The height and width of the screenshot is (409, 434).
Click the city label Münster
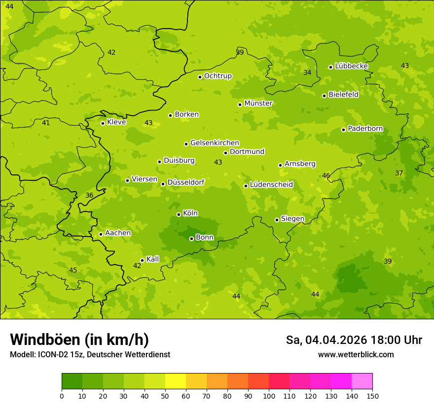pyautogui.click(x=258, y=103)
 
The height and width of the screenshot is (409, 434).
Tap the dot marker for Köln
pyautogui.click(x=179, y=214)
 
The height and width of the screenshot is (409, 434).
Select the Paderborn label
pyautogui.click(x=365, y=129)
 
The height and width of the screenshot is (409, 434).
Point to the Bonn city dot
pyautogui.click(x=191, y=239)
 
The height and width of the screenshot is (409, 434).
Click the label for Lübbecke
pyautogui.click(x=351, y=66)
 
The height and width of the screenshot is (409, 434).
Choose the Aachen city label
pyautogui.click(x=118, y=233)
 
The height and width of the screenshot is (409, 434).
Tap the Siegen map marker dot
pyautogui.click(x=277, y=220)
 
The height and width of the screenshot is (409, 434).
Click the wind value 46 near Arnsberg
pyautogui.click(x=326, y=175)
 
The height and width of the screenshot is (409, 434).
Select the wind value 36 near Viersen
pyautogui.click(x=89, y=195)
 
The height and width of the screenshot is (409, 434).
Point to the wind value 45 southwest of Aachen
pyautogui.click(x=73, y=270)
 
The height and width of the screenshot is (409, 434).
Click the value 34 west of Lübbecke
pyautogui.click(x=307, y=72)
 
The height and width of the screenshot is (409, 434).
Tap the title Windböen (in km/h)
pyautogui.click(x=79, y=340)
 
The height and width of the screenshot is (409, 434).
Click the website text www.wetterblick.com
pyautogui.click(x=356, y=354)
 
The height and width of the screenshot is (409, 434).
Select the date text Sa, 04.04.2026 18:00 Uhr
pyautogui.click(x=354, y=340)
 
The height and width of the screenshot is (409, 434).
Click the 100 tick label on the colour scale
pyautogui.click(x=269, y=396)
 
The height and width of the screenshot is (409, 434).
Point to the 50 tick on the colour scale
pyautogui.click(x=165, y=396)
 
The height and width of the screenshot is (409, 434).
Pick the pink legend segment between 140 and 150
pyautogui.click(x=362, y=381)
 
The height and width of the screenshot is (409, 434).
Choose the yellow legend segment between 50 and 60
pyautogui.click(x=176, y=381)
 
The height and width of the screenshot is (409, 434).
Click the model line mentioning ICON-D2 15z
pyautogui.click(x=90, y=355)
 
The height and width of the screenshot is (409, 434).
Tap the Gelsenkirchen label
pyautogui.click(x=215, y=143)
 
